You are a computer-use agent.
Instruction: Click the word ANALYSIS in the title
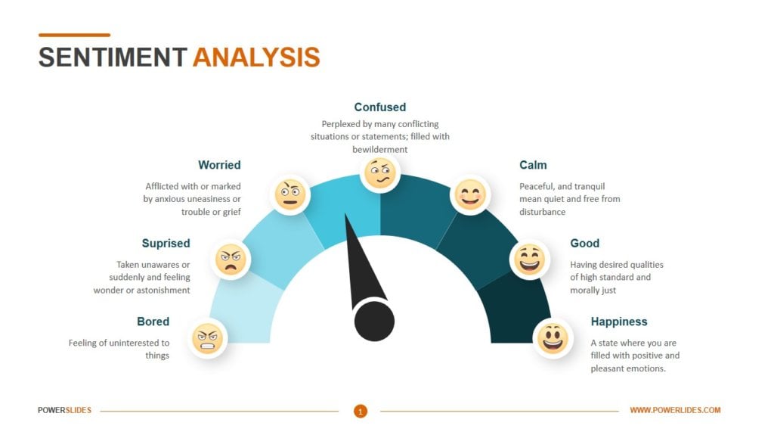pos(255,57)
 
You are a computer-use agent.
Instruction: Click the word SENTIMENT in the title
pos(113,57)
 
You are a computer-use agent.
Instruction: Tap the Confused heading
pos(379,107)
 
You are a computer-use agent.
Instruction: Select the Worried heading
pos(219,165)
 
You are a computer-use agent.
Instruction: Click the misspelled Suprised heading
pos(166,244)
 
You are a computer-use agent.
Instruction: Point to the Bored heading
pos(153,322)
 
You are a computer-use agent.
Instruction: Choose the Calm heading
pos(533,165)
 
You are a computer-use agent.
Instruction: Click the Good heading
pos(584,244)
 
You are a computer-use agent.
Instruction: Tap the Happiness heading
pos(619,322)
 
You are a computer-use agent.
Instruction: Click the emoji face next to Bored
pos(207,338)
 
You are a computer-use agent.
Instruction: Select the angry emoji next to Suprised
pos(231,259)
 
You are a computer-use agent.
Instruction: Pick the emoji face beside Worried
pos(289,194)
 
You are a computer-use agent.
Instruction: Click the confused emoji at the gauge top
pos(379,174)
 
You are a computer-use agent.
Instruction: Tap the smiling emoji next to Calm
pos(470,194)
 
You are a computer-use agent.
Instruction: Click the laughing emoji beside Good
pos(529,259)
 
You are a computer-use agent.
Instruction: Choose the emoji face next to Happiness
pos(553,337)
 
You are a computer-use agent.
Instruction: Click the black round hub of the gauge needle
pos(374,320)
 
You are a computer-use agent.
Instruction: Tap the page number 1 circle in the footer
pos(361,411)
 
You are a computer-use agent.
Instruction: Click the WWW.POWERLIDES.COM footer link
pos(675,411)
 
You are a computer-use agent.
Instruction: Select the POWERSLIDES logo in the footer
pos(65,411)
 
